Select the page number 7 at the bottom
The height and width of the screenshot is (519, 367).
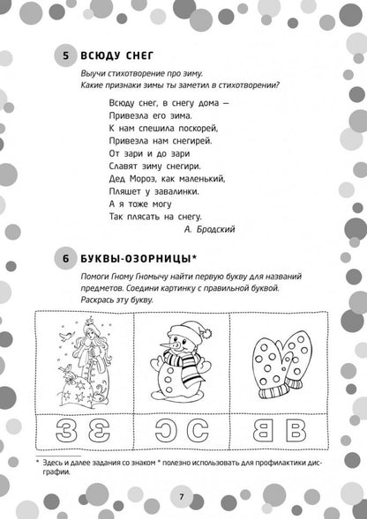click(x=181, y=496)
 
